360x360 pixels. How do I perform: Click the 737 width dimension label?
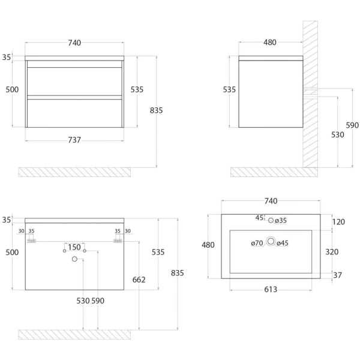pyautogui.click(x=74, y=140)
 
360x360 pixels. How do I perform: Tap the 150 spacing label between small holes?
pyautogui.click(x=74, y=247)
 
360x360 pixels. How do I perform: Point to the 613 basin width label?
pyautogui.click(x=270, y=289)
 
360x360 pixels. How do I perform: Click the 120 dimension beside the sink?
pyautogui.click(x=339, y=222)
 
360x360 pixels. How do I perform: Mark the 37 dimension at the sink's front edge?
pyautogui.click(x=338, y=275)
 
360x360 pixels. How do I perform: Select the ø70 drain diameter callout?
pyautogui.click(x=257, y=243)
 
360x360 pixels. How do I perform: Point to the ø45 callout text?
pyautogui.click(x=283, y=243)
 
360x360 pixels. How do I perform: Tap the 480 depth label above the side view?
pyautogui.click(x=270, y=42)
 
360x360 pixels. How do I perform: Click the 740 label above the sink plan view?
pyautogui.click(x=270, y=200)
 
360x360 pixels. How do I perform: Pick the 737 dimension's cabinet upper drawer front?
pyautogui.click(x=75, y=80)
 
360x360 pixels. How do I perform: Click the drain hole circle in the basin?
pyautogui.click(x=271, y=242)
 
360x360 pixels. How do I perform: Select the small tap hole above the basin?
pyautogui.click(x=271, y=220)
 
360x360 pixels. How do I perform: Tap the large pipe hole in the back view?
pyautogui.click(x=74, y=259)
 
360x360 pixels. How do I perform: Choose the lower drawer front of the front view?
pyautogui.click(x=75, y=112)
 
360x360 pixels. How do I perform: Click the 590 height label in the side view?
pyautogui.click(x=352, y=125)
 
